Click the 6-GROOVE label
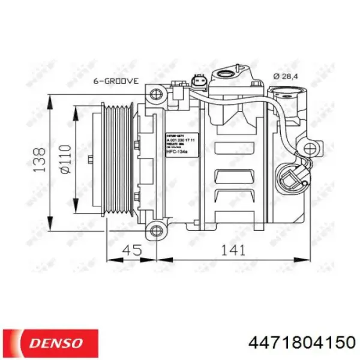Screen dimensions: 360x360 115,80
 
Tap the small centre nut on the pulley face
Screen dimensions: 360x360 89,160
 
